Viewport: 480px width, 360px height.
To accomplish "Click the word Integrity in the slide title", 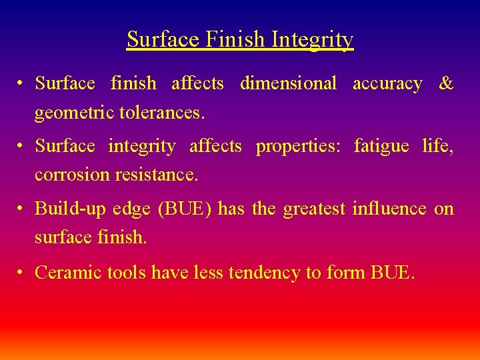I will point(313,40).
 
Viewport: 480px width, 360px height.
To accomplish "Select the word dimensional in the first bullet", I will point(288,84).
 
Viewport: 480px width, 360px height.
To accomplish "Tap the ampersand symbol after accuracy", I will point(446,84).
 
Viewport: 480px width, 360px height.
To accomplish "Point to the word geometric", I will point(74,113).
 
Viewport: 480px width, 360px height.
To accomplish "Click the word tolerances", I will point(161,113).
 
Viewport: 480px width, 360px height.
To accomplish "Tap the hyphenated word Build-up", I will point(70,209).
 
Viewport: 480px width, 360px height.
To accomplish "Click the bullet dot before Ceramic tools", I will point(22,272).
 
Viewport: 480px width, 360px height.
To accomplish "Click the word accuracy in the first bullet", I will point(387,84).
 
